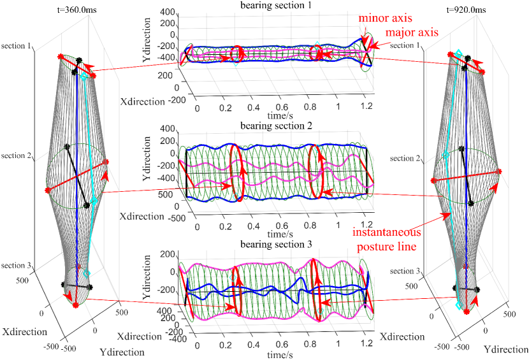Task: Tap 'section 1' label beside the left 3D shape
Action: [20, 46]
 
